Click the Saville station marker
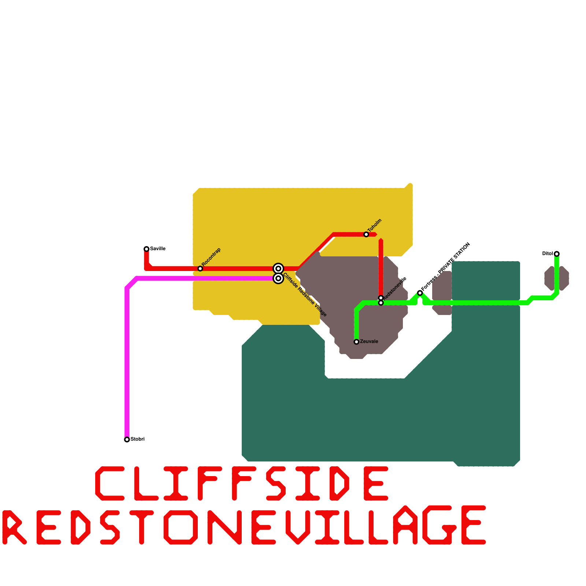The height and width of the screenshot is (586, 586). point(146,249)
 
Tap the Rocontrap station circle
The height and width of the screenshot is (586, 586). point(200,268)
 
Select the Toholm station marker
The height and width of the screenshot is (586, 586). point(366,234)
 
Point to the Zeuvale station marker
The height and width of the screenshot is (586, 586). point(356,342)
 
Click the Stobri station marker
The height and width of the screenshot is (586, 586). point(127,439)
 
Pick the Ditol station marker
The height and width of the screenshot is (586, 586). point(557,254)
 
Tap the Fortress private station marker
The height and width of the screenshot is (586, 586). point(420,293)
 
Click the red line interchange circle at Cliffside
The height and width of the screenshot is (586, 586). point(278,268)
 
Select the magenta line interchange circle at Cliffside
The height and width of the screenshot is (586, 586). point(278,278)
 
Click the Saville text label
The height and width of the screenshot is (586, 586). point(158,249)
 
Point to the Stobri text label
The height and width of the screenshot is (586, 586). point(138,439)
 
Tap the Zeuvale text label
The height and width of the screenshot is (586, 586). point(369,341)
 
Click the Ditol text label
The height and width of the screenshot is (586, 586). point(547,253)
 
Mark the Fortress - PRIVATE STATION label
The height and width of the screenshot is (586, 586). point(446,267)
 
